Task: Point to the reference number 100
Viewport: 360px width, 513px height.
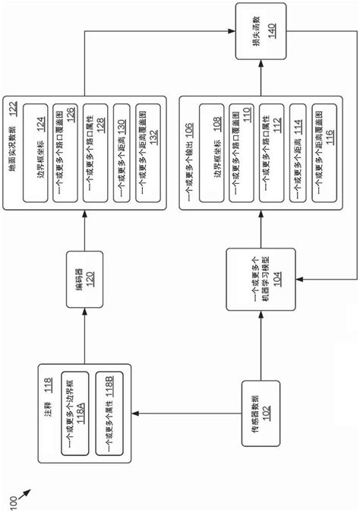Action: (15, 498)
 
